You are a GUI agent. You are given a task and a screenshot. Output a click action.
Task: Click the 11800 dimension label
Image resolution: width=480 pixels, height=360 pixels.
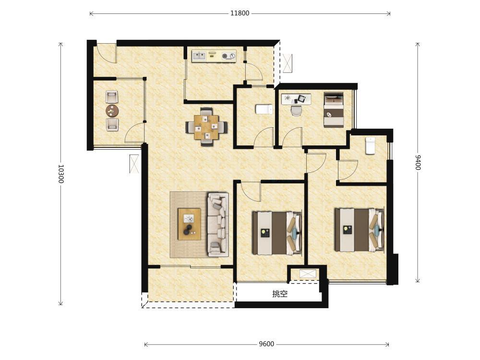click(x=240, y=13)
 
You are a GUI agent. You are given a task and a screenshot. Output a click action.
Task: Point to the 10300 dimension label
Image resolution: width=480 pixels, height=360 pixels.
click(x=60, y=174)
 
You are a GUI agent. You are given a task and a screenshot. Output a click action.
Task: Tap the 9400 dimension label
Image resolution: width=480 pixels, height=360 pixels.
click(x=418, y=162)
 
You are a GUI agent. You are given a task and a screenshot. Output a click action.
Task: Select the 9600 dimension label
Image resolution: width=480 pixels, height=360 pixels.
click(x=266, y=344)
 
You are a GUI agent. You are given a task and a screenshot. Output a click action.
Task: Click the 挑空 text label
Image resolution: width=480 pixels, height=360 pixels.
click(x=280, y=294)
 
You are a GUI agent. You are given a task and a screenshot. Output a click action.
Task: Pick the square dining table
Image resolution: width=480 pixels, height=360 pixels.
click(x=206, y=127)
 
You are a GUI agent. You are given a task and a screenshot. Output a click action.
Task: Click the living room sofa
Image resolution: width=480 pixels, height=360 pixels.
click(x=218, y=224)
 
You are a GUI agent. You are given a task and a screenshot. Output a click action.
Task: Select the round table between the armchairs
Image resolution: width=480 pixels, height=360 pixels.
click(x=112, y=111)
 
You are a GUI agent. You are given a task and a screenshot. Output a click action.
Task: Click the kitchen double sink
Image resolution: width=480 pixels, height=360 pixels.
click(x=199, y=56)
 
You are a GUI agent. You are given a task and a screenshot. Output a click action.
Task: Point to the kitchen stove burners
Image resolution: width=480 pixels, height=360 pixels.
click(x=229, y=56)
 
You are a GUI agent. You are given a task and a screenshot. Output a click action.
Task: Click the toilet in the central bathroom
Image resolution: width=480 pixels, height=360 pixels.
click(x=264, y=109)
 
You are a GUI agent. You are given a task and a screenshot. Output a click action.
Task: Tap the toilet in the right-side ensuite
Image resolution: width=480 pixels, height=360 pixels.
click(x=371, y=146)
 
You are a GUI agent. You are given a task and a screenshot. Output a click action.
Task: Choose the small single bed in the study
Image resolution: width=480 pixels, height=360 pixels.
click(x=334, y=109)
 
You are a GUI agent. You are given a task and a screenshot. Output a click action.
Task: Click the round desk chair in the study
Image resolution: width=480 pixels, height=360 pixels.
click(x=296, y=111)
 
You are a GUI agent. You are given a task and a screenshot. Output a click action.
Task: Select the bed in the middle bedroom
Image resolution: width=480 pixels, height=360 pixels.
click(x=277, y=233)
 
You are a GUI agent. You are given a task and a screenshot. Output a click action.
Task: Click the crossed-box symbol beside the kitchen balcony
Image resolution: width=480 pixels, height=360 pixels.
click(x=288, y=63)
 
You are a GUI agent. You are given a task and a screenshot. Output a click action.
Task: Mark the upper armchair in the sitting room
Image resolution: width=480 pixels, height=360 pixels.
click(x=112, y=97)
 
